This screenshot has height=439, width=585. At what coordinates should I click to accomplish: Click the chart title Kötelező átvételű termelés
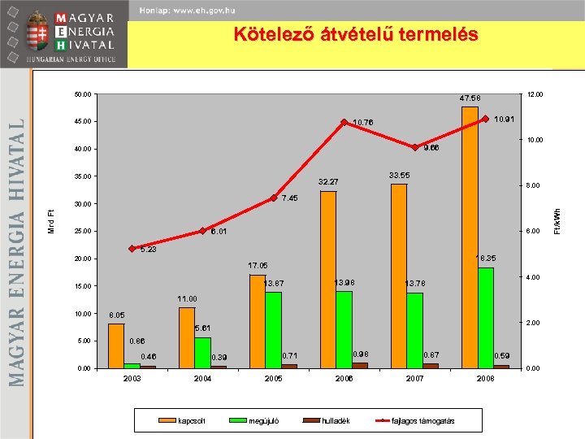tap(356, 35)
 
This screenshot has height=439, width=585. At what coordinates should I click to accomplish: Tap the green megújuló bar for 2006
tap(344, 329)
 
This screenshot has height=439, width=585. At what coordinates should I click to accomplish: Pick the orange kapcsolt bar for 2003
tap(116, 346)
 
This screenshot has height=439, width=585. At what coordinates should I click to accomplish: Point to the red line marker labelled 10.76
tap(344, 122)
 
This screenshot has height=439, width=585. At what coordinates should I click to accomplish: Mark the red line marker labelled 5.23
tap(132, 249)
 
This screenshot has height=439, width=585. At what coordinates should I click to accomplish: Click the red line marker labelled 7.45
tap(273, 198)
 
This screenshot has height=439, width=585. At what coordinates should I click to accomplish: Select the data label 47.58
tap(470, 98)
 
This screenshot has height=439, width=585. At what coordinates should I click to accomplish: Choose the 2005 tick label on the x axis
tap(273, 380)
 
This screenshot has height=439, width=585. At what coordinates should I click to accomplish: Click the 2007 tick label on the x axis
tap(414, 380)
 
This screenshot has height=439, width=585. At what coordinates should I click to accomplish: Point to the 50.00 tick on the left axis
tap(82, 95)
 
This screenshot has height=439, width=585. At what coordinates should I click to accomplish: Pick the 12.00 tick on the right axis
tap(535, 95)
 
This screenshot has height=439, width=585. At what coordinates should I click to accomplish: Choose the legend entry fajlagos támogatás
tap(422, 420)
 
